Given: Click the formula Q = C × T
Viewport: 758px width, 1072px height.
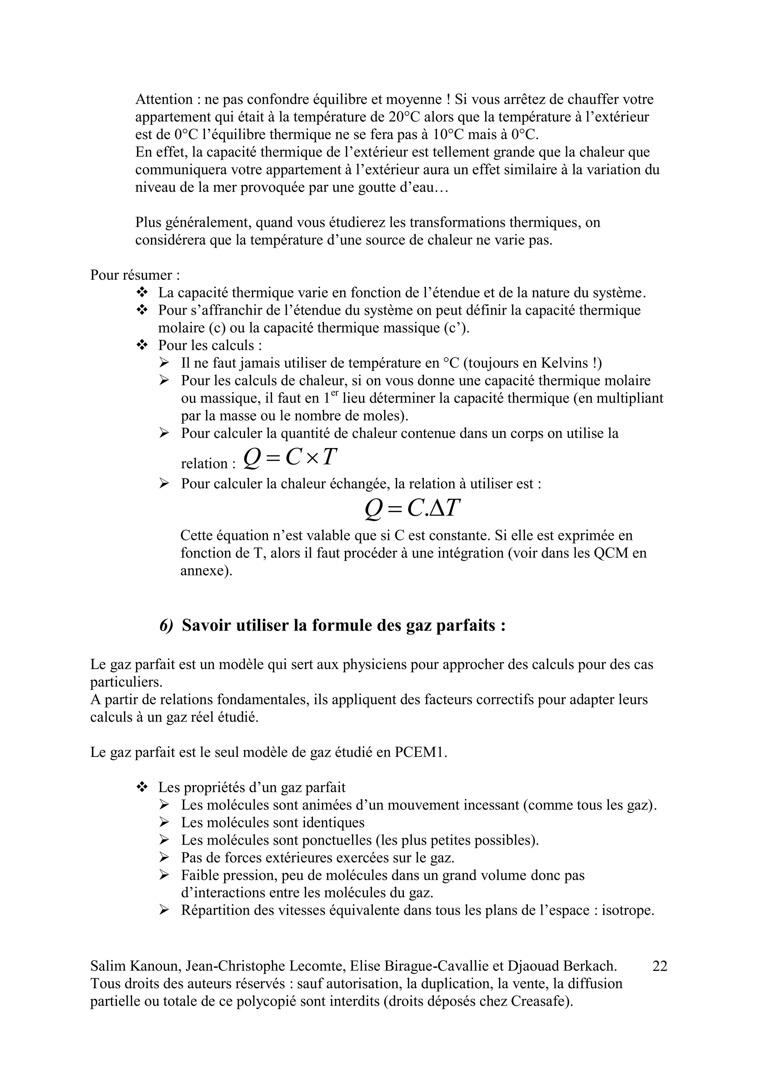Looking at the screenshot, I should [x=290, y=458].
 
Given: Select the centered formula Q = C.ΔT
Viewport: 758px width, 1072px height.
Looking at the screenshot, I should [x=413, y=508].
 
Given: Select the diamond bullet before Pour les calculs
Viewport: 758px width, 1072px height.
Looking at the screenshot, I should [x=142, y=345].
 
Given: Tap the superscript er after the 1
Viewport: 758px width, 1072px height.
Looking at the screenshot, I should [x=333, y=394].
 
